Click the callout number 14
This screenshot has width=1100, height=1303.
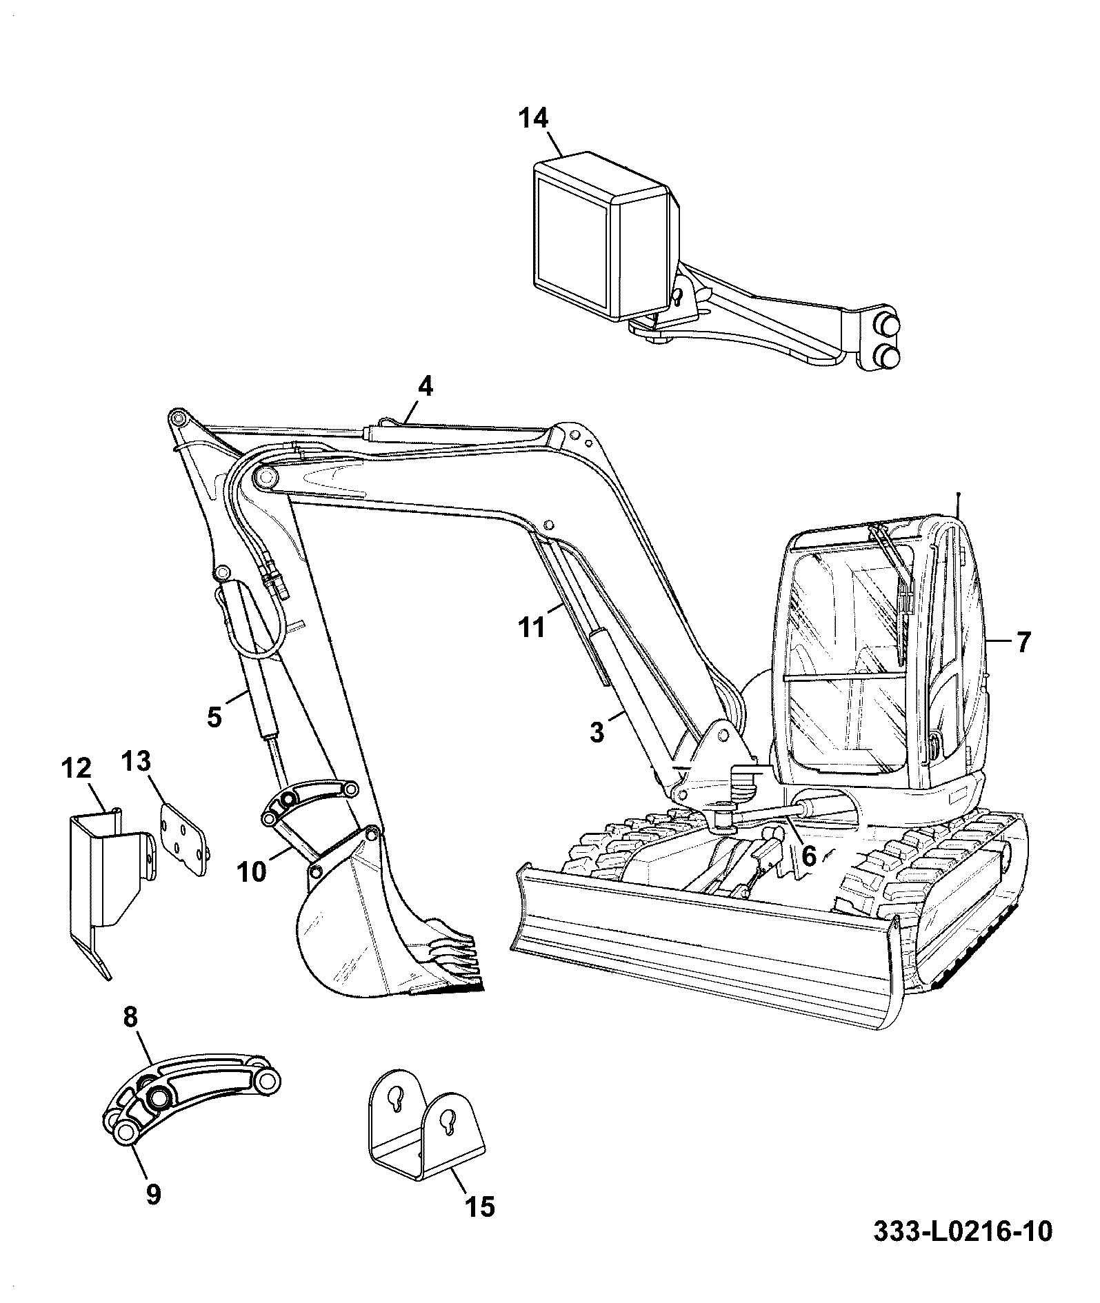(x=534, y=119)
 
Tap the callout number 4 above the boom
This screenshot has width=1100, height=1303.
(x=426, y=387)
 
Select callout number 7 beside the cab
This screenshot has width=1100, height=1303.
(x=1023, y=643)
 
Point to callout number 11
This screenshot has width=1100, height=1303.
(x=532, y=628)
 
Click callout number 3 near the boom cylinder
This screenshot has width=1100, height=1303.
(x=597, y=732)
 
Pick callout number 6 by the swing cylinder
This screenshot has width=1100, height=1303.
(x=809, y=856)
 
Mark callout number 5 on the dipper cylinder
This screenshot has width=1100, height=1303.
(x=214, y=717)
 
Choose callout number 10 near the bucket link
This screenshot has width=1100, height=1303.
(x=252, y=873)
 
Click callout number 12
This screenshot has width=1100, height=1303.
(x=77, y=767)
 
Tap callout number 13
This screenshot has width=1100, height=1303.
(x=137, y=761)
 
